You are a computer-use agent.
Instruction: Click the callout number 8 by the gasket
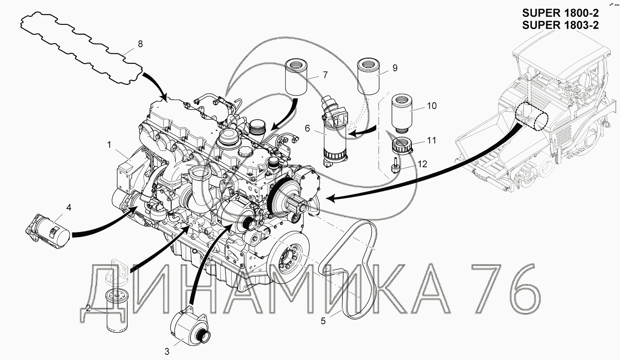click(140, 44)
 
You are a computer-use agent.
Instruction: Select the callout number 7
click(325, 75)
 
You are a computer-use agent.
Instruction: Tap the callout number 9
click(395, 68)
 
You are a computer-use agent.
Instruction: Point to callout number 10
click(432, 106)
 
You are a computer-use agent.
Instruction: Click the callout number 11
click(431, 141)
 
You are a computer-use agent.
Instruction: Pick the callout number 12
click(423, 164)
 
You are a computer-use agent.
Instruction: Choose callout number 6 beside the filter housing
click(307, 128)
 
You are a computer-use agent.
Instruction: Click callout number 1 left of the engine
click(109, 145)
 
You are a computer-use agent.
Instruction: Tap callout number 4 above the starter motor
click(68, 208)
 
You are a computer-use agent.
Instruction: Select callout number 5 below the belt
click(323, 321)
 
